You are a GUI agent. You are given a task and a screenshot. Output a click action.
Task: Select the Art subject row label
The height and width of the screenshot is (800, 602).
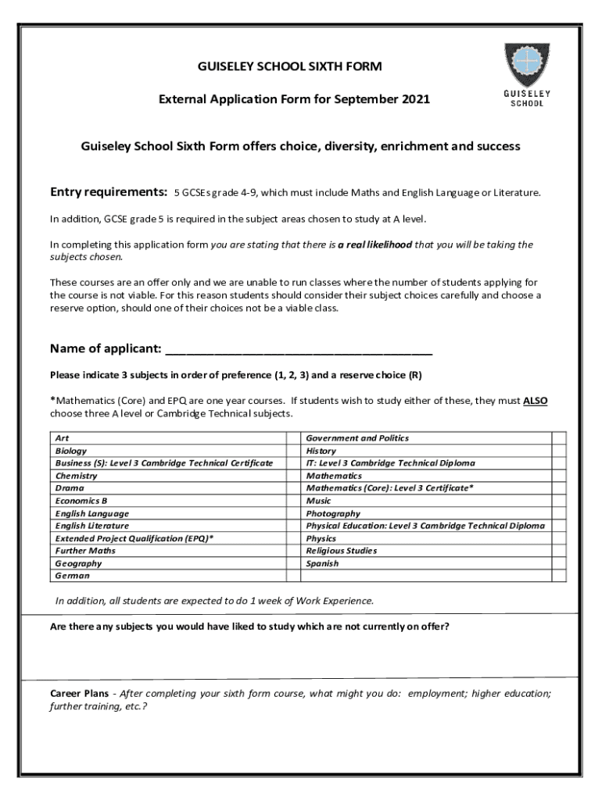[x=62, y=438]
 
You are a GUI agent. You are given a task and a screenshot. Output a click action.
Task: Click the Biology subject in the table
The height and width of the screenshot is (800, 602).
[x=70, y=451]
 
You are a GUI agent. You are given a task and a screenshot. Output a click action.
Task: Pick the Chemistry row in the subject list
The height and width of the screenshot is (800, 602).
[x=76, y=476]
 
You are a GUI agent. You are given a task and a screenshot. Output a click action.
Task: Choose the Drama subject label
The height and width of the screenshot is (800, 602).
[x=70, y=488]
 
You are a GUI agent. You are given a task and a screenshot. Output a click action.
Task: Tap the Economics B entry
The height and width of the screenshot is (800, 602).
[x=81, y=501]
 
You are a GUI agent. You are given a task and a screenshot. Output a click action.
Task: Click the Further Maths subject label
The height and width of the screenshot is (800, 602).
[x=85, y=551]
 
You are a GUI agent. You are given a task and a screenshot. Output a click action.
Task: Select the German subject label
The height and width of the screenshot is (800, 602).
[x=72, y=576]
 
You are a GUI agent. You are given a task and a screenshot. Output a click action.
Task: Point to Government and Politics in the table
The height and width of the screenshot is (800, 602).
[x=357, y=438]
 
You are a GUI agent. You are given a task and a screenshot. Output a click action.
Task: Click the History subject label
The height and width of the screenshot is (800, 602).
[x=321, y=451]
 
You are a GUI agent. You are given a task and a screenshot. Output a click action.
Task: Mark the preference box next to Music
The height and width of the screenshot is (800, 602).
[x=559, y=501]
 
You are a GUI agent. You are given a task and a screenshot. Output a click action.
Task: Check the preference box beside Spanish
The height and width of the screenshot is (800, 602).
[x=559, y=563]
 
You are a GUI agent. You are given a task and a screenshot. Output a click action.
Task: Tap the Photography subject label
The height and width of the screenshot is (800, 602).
[x=334, y=513]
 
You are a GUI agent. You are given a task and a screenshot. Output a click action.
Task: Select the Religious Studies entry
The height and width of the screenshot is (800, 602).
[x=342, y=551]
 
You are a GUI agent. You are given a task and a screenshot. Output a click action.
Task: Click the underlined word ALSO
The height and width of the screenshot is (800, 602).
[x=535, y=401]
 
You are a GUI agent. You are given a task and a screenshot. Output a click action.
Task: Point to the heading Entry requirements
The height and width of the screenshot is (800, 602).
[x=109, y=192]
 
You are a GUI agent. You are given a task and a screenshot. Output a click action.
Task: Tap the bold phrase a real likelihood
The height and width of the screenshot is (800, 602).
[x=374, y=245]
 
